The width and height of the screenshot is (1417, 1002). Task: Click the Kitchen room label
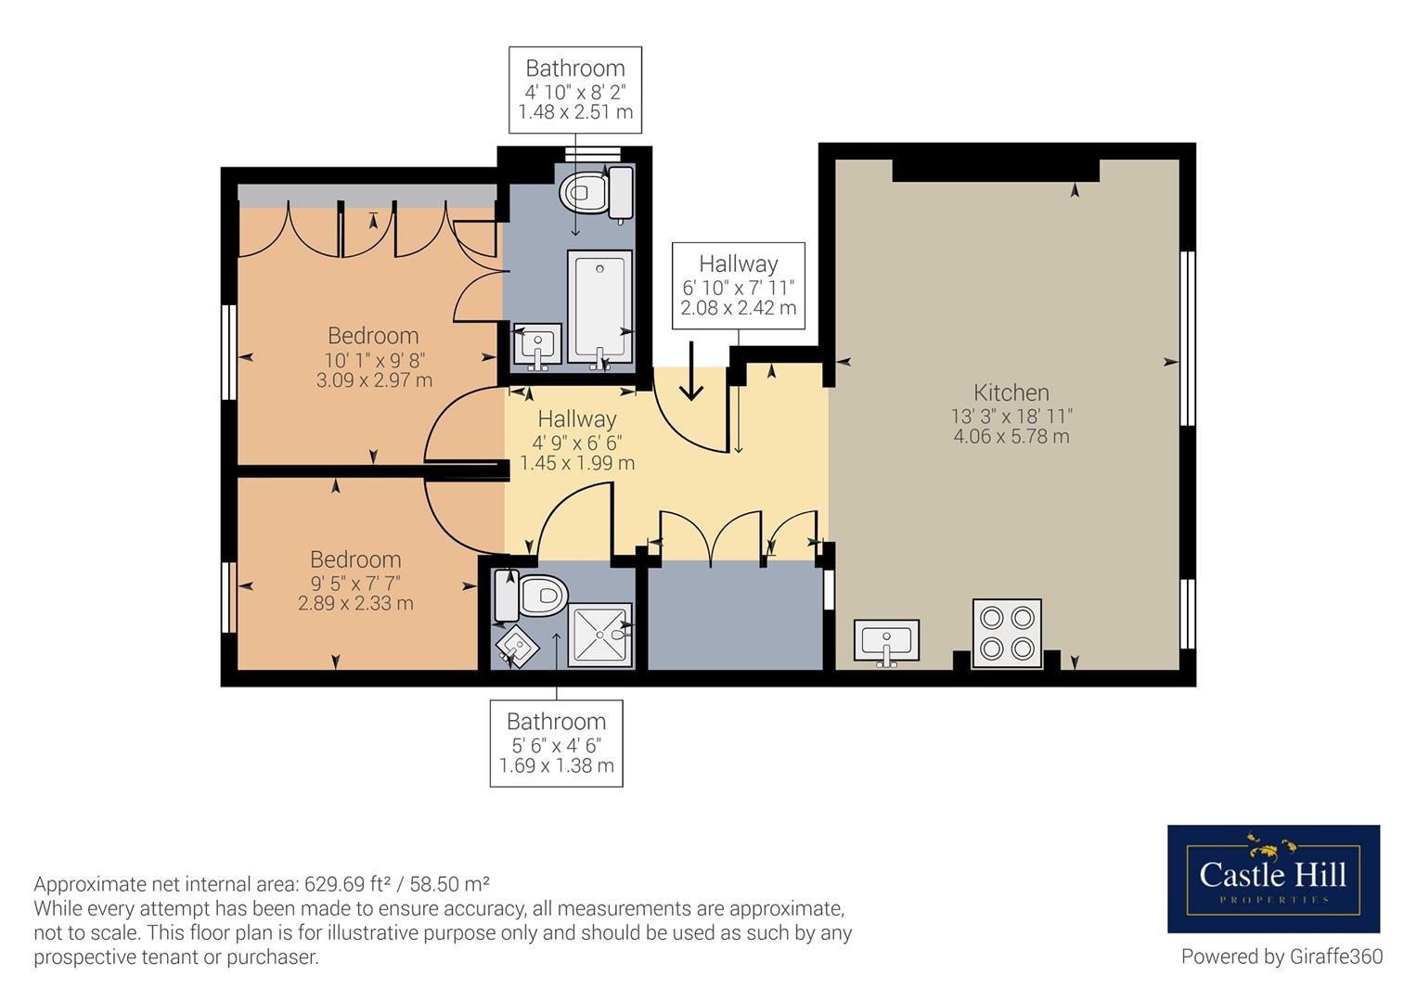1011,392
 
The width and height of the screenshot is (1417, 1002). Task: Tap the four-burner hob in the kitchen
1007,633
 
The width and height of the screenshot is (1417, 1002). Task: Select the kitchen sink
886,642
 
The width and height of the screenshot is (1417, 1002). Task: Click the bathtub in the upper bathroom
599,307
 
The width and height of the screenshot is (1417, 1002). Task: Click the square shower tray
599,635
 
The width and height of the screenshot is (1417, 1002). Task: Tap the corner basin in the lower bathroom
517,647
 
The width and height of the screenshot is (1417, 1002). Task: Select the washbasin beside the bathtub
537,345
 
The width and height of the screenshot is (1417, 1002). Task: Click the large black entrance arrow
691,371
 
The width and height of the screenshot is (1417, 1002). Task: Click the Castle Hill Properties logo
1273,879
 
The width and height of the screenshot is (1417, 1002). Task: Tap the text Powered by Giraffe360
1282,957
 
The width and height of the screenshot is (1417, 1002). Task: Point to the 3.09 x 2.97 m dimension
374,380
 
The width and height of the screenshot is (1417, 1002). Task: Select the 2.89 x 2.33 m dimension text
355,603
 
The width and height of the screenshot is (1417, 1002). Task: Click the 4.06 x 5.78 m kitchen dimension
1011,436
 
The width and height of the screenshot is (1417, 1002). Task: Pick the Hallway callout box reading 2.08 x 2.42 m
739,286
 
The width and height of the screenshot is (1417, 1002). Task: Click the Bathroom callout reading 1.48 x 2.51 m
575,90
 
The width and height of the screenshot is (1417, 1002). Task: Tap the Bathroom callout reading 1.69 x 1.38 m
556,743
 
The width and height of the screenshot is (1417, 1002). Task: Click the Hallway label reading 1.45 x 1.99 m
577,441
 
